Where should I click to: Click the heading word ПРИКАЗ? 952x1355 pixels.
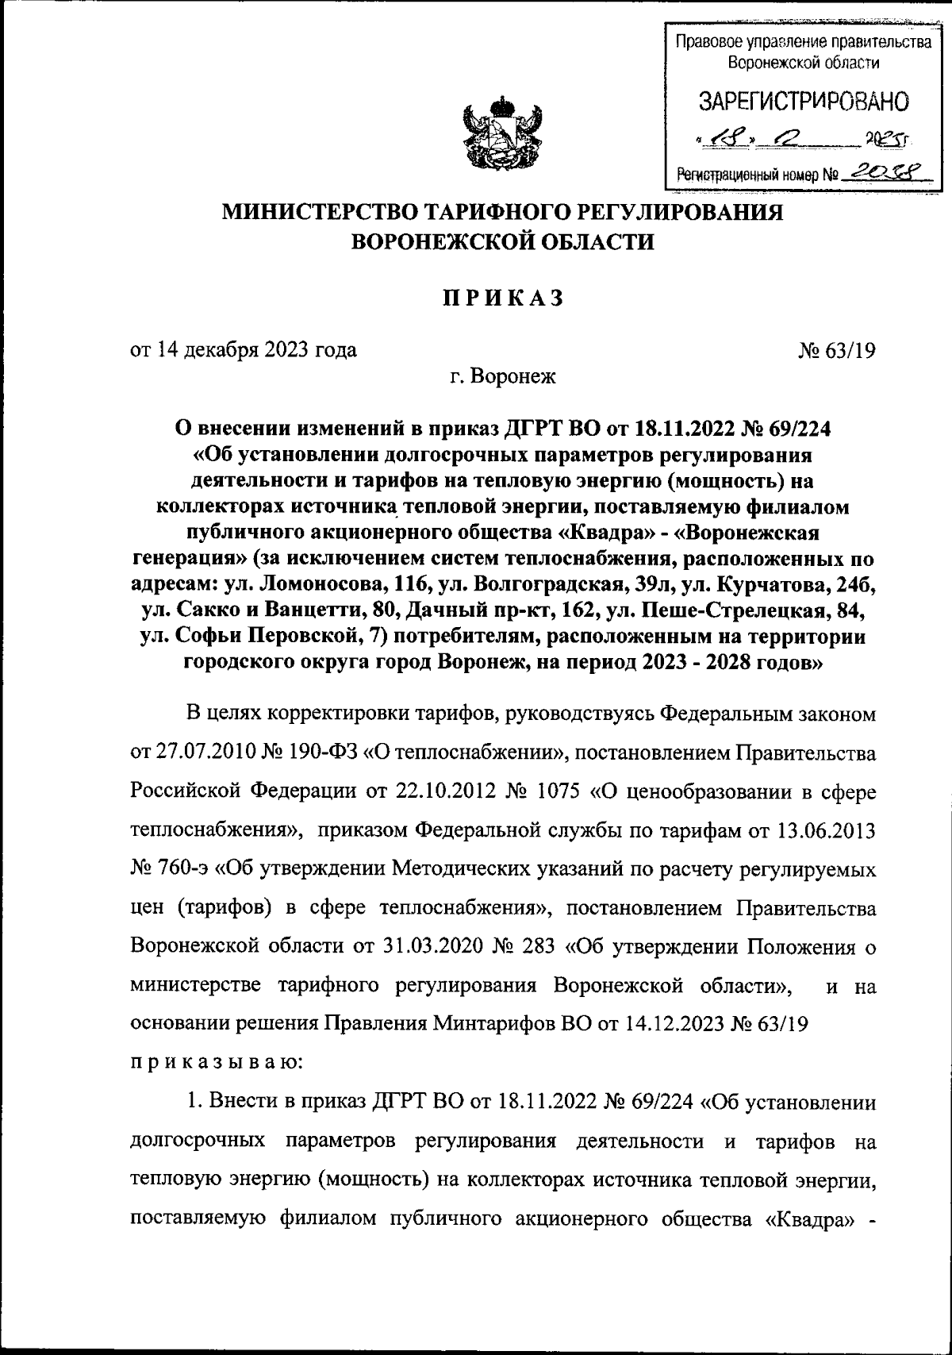point(502,298)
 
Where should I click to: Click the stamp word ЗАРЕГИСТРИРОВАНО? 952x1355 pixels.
point(803,102)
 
